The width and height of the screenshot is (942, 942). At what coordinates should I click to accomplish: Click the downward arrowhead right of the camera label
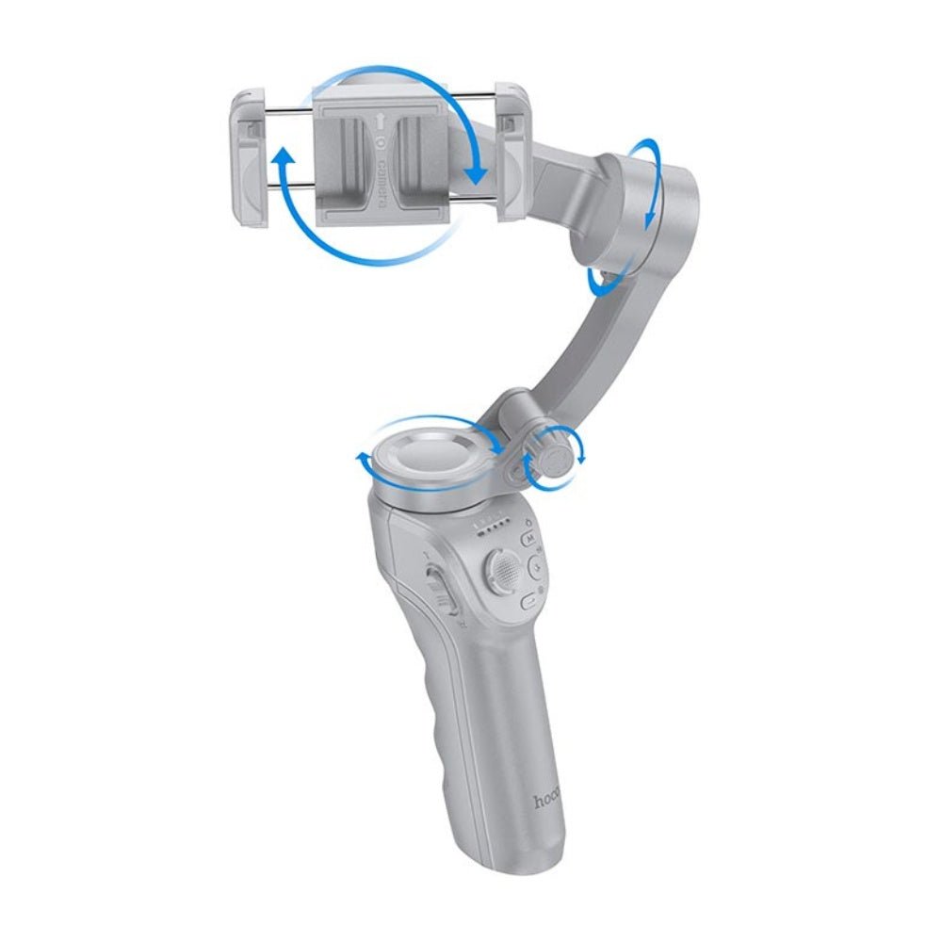coord(477,173)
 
